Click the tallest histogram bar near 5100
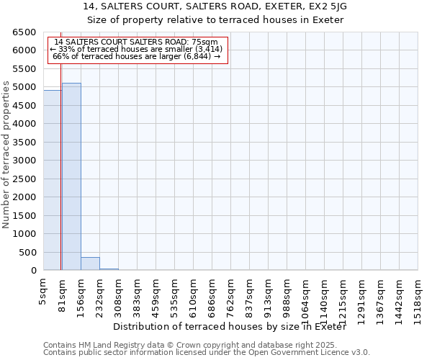(x=71, y=176)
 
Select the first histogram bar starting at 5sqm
(x=53, y=180)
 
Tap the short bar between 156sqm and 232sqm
(x=90, y=264)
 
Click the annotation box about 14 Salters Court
(x=137, y=50)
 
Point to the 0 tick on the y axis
(x=34, y=271)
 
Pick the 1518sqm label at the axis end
(x=418, y=297)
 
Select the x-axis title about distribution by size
(x=230, y=327)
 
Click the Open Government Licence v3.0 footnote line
(x=206, y=353)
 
